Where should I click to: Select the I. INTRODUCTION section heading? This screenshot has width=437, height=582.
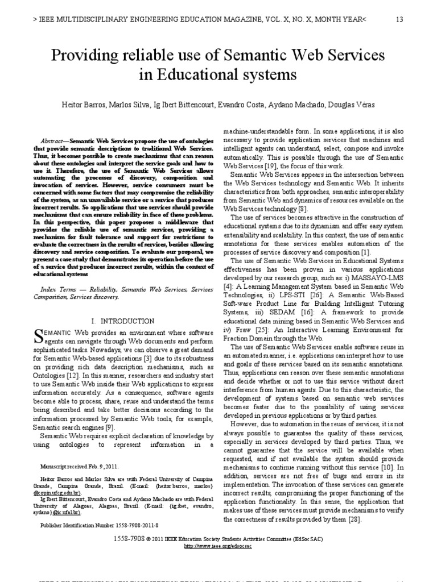[122, 322]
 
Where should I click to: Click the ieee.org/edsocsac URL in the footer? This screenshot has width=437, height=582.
[217, 546]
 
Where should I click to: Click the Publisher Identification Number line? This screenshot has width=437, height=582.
[99, 525]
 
